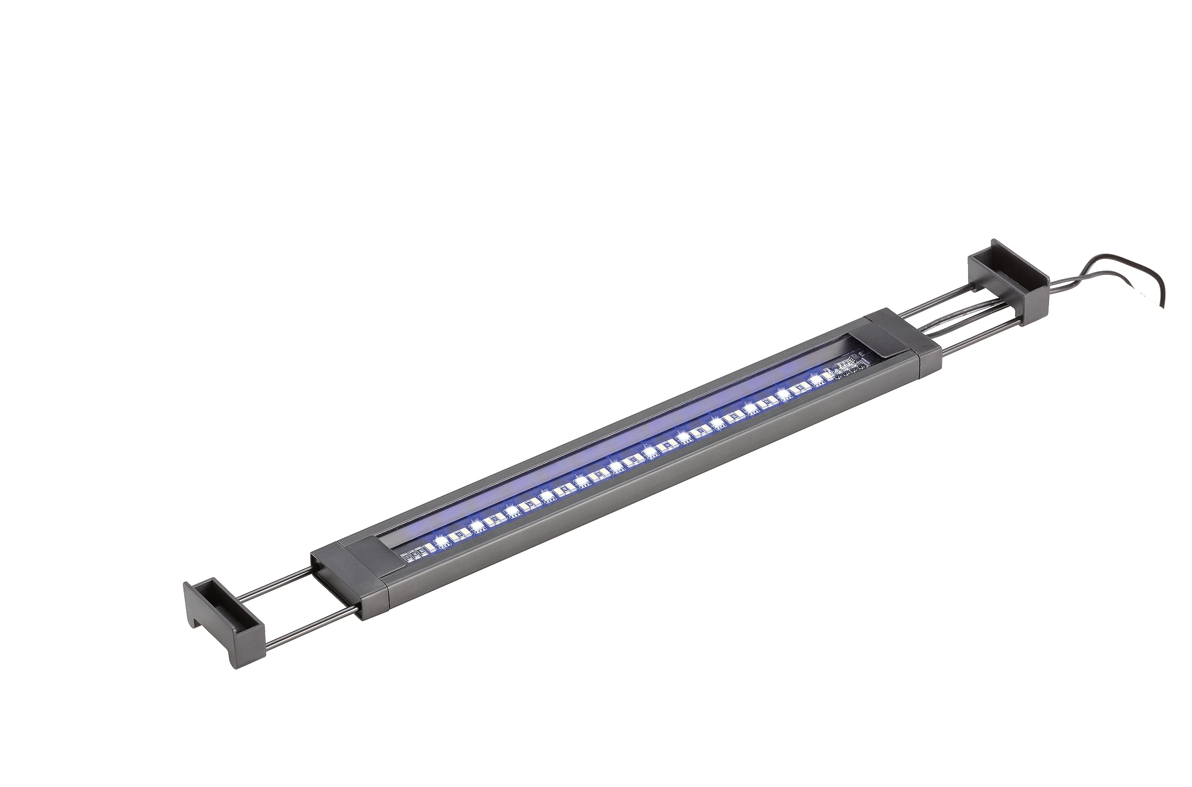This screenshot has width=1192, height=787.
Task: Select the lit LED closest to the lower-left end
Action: coord(442,541)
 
